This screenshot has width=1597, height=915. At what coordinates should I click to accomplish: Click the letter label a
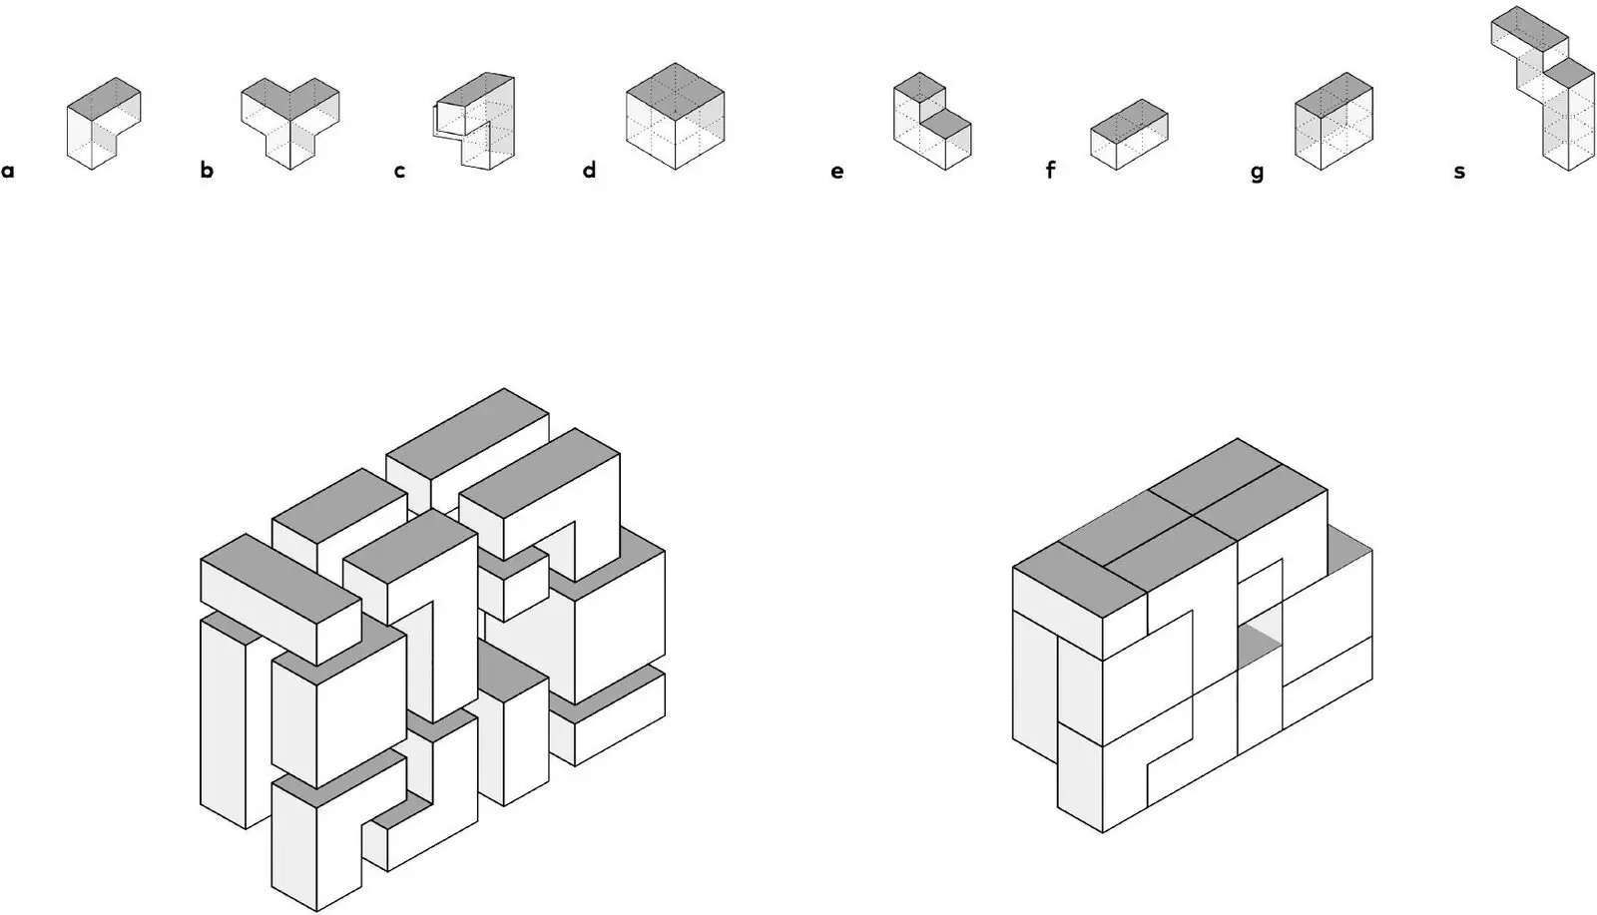click(8, 171)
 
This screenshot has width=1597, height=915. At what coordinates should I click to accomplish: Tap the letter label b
click(207, 170)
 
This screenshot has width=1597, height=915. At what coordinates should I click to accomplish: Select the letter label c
click(399, 171)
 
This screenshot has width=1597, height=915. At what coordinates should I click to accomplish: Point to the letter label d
click(589, 170)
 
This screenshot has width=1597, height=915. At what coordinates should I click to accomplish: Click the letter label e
click(837, 172)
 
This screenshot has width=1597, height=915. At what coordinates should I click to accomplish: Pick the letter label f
click(1050, 170)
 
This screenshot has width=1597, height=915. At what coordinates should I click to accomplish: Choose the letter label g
click(1257, 174)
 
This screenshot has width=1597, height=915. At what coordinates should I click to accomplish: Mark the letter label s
click(1459, 172)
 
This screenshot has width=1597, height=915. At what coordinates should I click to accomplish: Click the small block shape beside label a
click(104, 124)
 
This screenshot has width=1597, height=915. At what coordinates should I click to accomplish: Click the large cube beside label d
click(675, 116)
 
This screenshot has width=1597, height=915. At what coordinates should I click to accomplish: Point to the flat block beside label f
click(1129, 135)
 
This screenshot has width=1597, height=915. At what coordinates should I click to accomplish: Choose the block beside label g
click(1333, 121)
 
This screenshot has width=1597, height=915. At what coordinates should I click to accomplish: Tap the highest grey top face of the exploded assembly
click(468, 432)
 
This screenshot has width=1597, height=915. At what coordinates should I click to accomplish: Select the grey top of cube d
click(675, 91)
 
